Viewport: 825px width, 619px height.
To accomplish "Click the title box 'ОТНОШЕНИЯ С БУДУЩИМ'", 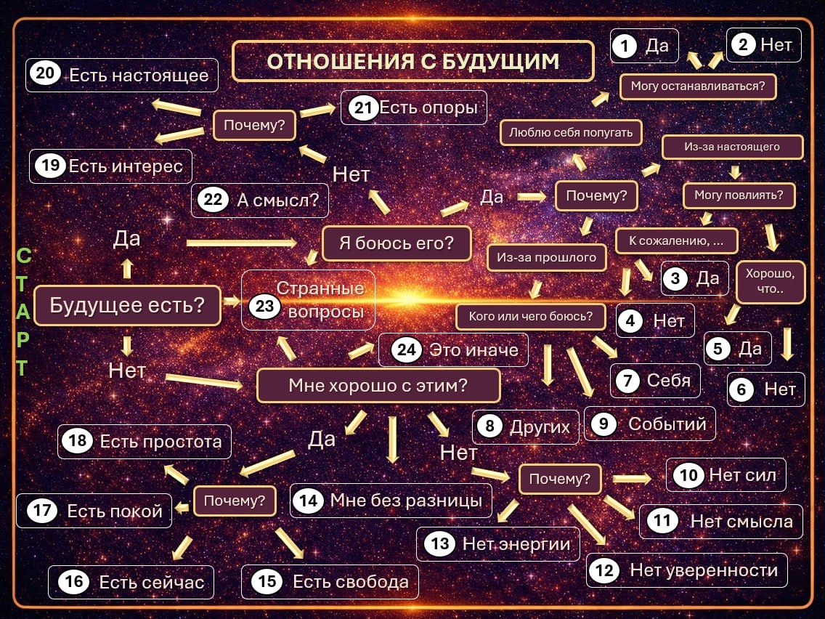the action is (x=413, y=61).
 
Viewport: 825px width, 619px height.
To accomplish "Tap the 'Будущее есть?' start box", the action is (x=127, y=305).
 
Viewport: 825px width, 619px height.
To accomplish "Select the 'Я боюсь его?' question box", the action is (x=397, y=243).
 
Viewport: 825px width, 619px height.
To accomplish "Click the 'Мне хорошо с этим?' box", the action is (x=378, y=385).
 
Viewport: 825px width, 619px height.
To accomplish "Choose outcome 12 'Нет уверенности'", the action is (x=686, y=570).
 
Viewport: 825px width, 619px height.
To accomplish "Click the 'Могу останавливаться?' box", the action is (x=698, y=86).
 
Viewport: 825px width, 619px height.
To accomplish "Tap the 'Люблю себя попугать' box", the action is (x=571, y=133).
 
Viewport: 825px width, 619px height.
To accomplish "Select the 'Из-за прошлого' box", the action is (x=547, y=257).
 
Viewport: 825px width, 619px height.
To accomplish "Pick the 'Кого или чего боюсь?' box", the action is (x=530, y=316).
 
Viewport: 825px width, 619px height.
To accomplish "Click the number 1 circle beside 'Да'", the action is (x=625, y=46).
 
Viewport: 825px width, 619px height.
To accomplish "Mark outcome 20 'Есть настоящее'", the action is (x=122, y=75).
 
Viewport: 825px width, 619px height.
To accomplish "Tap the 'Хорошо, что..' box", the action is (x=771, y=282).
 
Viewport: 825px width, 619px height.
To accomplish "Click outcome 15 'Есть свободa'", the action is (x=330, y=582).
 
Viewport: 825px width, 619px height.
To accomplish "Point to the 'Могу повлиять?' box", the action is (x=739, y=195).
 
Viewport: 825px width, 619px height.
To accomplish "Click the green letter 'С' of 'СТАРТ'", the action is (x=24, y=256).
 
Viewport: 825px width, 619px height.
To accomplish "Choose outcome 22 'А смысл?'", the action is (x=260, y=200).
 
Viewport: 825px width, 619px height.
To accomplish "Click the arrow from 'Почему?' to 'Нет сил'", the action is (x=632, y=479).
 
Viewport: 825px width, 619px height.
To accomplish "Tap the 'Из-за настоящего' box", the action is (x=732, y=147).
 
